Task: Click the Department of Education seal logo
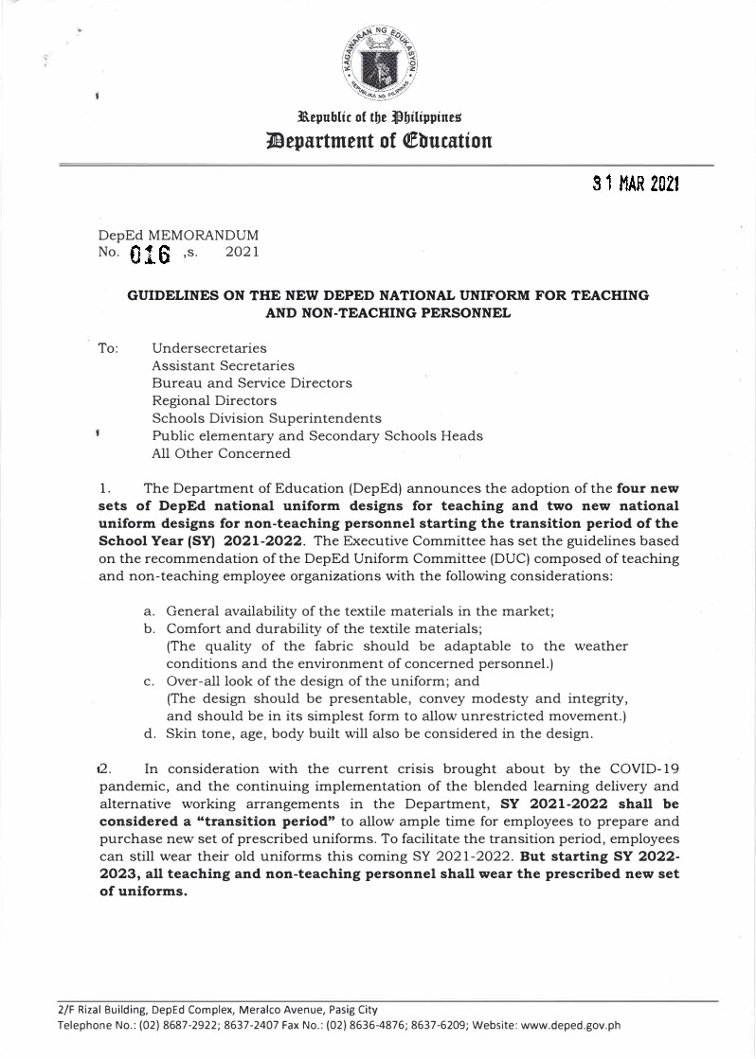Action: pyautogui.click(x=379, y=65)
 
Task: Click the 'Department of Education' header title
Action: pyautogui.click(x=379, y=141)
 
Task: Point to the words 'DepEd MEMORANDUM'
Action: pyautogui.click(x=178, y=234)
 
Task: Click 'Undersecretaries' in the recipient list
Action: pyautogui.click(x=208, y=349)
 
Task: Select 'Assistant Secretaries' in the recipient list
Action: pyautogui.click(x=223, y=366)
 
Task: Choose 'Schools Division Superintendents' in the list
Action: pyautogui.click(x=266, y=418)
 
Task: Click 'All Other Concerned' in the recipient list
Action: pyautogui.click(x=221, y=453)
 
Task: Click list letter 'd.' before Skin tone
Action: pyautogui.click(x=150, y=732)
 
